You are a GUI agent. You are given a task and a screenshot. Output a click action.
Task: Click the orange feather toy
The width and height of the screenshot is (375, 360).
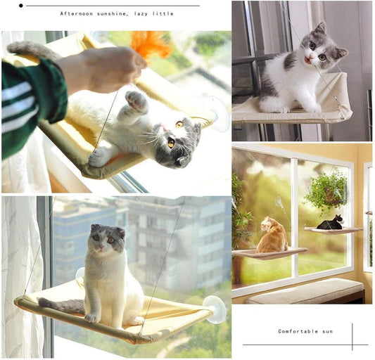(150, 44)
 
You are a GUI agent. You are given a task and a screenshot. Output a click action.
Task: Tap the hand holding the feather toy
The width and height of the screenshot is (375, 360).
(106, 67)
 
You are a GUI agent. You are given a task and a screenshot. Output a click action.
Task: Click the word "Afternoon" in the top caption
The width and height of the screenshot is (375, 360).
(75, 13)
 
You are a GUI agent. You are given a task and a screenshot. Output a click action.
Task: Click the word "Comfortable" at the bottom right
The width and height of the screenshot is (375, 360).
(299, 331)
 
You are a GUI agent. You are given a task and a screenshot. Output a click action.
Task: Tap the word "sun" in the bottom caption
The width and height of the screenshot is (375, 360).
(328, 331)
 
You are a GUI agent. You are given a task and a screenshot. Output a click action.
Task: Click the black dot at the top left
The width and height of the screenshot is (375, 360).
(21, 6)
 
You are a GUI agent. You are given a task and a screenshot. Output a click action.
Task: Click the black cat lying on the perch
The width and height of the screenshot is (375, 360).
(330, 224)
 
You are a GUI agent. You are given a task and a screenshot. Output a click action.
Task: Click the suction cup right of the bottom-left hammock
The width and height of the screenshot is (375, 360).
(215, 309)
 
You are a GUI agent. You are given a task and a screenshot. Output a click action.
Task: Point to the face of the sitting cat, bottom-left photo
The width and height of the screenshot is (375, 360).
(106, 241)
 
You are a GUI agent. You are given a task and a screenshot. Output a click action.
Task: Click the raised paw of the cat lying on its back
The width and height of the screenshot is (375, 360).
(136, 101)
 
